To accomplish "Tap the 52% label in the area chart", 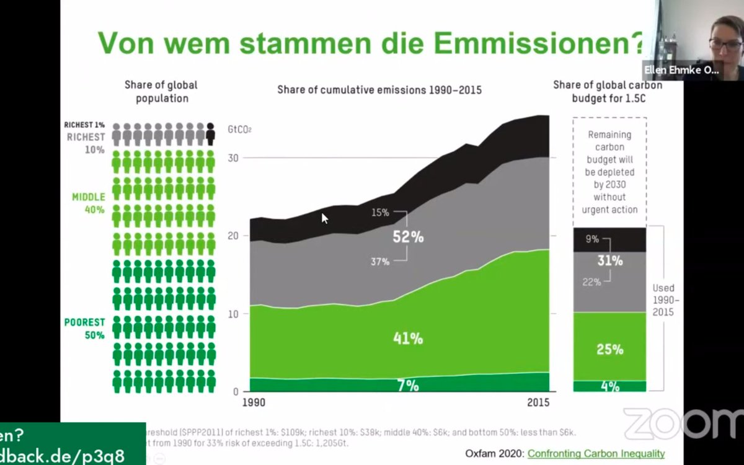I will pos(408,237).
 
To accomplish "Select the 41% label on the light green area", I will pos(408,339).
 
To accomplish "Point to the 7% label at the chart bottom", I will pos(408,386).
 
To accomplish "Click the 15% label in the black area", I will pos(380,213).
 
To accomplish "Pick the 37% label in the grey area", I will pos(380,262).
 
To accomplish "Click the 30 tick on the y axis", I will pos(232,157).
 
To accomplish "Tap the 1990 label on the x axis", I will pos(254,402).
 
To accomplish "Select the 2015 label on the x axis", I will pos(538,402).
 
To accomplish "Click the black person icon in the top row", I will pos(211,134).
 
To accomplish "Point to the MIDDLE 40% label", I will pos(88,203).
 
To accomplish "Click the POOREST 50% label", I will pos(84,329).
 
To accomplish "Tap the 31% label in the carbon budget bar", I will pos(609,261).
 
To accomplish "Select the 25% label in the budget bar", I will pos(609,349).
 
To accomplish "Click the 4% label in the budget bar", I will pos(609,386).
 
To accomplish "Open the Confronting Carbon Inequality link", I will pos(596,453).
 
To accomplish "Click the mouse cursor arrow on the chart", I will pos(324,218).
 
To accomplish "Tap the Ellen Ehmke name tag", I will pos(681,71).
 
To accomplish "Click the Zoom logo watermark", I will pos(682,425).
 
